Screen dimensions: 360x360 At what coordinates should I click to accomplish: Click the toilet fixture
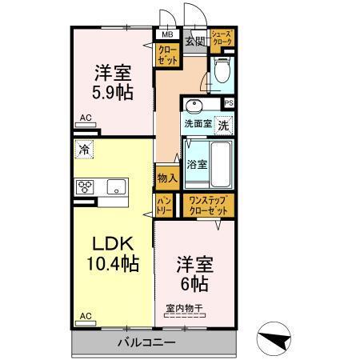(222, 74)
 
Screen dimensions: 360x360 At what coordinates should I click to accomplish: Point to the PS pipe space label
(229, 103)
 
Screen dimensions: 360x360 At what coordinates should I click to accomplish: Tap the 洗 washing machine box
(225, 125)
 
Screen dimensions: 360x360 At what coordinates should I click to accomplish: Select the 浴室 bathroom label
(197, 165)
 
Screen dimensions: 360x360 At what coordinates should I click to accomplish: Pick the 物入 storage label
(166, 178)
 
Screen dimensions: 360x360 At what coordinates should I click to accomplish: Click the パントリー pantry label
(164, 205)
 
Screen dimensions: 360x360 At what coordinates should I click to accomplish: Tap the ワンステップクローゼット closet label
(208, 205)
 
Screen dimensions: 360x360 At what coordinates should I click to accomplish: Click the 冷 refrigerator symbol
(83, 149)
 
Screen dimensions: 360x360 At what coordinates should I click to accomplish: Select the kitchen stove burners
(86, 187)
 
